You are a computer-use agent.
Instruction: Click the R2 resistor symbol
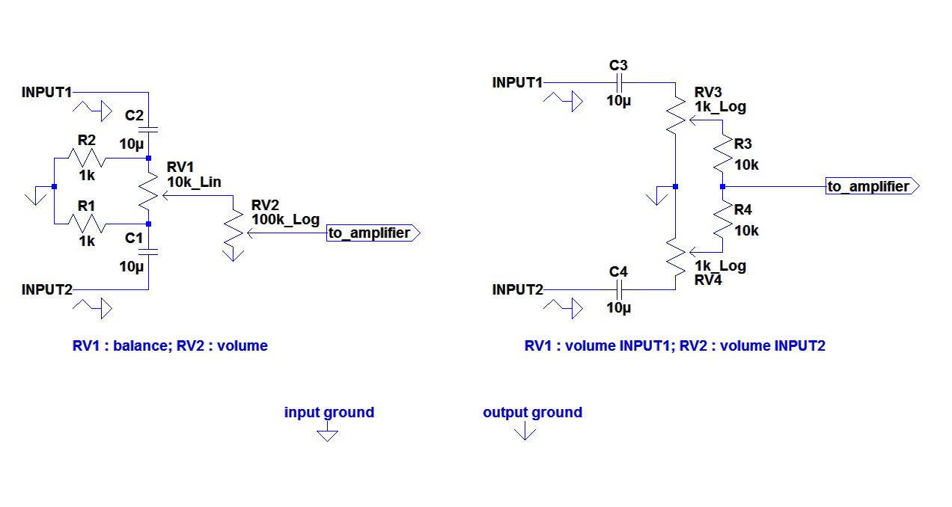87,159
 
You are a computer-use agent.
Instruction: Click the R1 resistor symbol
87,223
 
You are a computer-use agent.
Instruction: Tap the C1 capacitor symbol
149,253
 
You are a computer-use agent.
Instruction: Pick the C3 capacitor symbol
619,82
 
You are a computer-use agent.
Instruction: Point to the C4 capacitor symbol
619,289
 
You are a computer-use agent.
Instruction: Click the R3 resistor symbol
722,155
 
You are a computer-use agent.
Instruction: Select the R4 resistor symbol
722,219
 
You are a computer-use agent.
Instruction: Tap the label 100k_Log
285,220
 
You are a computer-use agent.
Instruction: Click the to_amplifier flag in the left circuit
373,233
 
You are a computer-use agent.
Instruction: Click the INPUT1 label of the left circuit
46,93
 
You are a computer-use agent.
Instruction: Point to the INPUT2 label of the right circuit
517,289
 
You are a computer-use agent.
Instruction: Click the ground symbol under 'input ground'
328,434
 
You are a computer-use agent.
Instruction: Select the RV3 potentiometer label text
709,92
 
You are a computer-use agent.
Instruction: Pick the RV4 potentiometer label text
709,280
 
